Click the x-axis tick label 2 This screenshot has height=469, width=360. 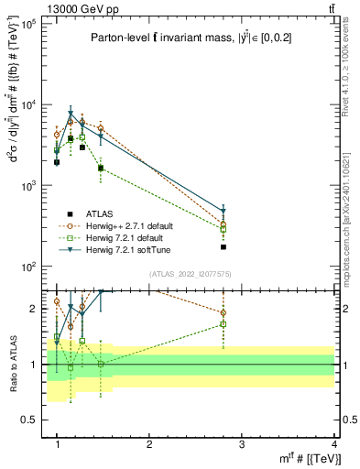pyautogui.click(x=149, y=444)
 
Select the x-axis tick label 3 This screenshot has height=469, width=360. pyautogui.click(x=242, y=444)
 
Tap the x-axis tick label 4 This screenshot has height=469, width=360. pyautogui.click(x=333, y=444)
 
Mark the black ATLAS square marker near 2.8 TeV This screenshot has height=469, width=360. pyautogui.click(x=224, y=247)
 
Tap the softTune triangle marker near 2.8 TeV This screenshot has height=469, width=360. pyautogui.click(x=224, y=212)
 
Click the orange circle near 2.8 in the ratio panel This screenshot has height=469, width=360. pyautogui.click(x=224, y=313)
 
